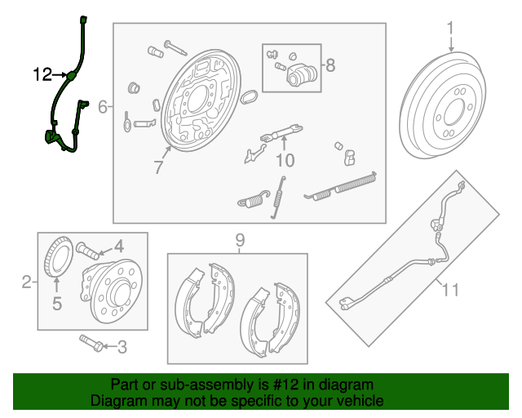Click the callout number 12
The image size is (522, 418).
pyautogui.click(x=43, y=74)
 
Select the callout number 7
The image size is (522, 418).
pyautogui.click(x=159, y=167)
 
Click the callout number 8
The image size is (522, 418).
pyautogui.click(x=330, y=65)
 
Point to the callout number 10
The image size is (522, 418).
pyautogui.click(x=285, y=160)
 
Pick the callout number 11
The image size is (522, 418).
pyautogui.click(x=450, y=289)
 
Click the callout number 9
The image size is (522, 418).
pyautogui.click(x=240, y=240)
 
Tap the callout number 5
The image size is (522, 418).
pyautogui.click(x=57, y=304)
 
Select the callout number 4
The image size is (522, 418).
pyautogui.click(x=119, y=247)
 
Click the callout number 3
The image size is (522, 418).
pyautogui.click(x=122, y=347)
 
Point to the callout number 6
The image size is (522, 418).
pyautogui.click(x=103, y=107)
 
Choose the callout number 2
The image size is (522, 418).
pyautogui.click(x=27, y=282)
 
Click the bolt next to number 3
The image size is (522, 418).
pyautogui.click(x=91, y=344)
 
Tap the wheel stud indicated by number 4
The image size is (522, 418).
pyautogui.click(x=87, y=251)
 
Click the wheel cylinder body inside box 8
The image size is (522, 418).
pyautogui.click(x=301, y=75)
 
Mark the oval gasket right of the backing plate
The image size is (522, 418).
pyautogui.click(x=249, y=96)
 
